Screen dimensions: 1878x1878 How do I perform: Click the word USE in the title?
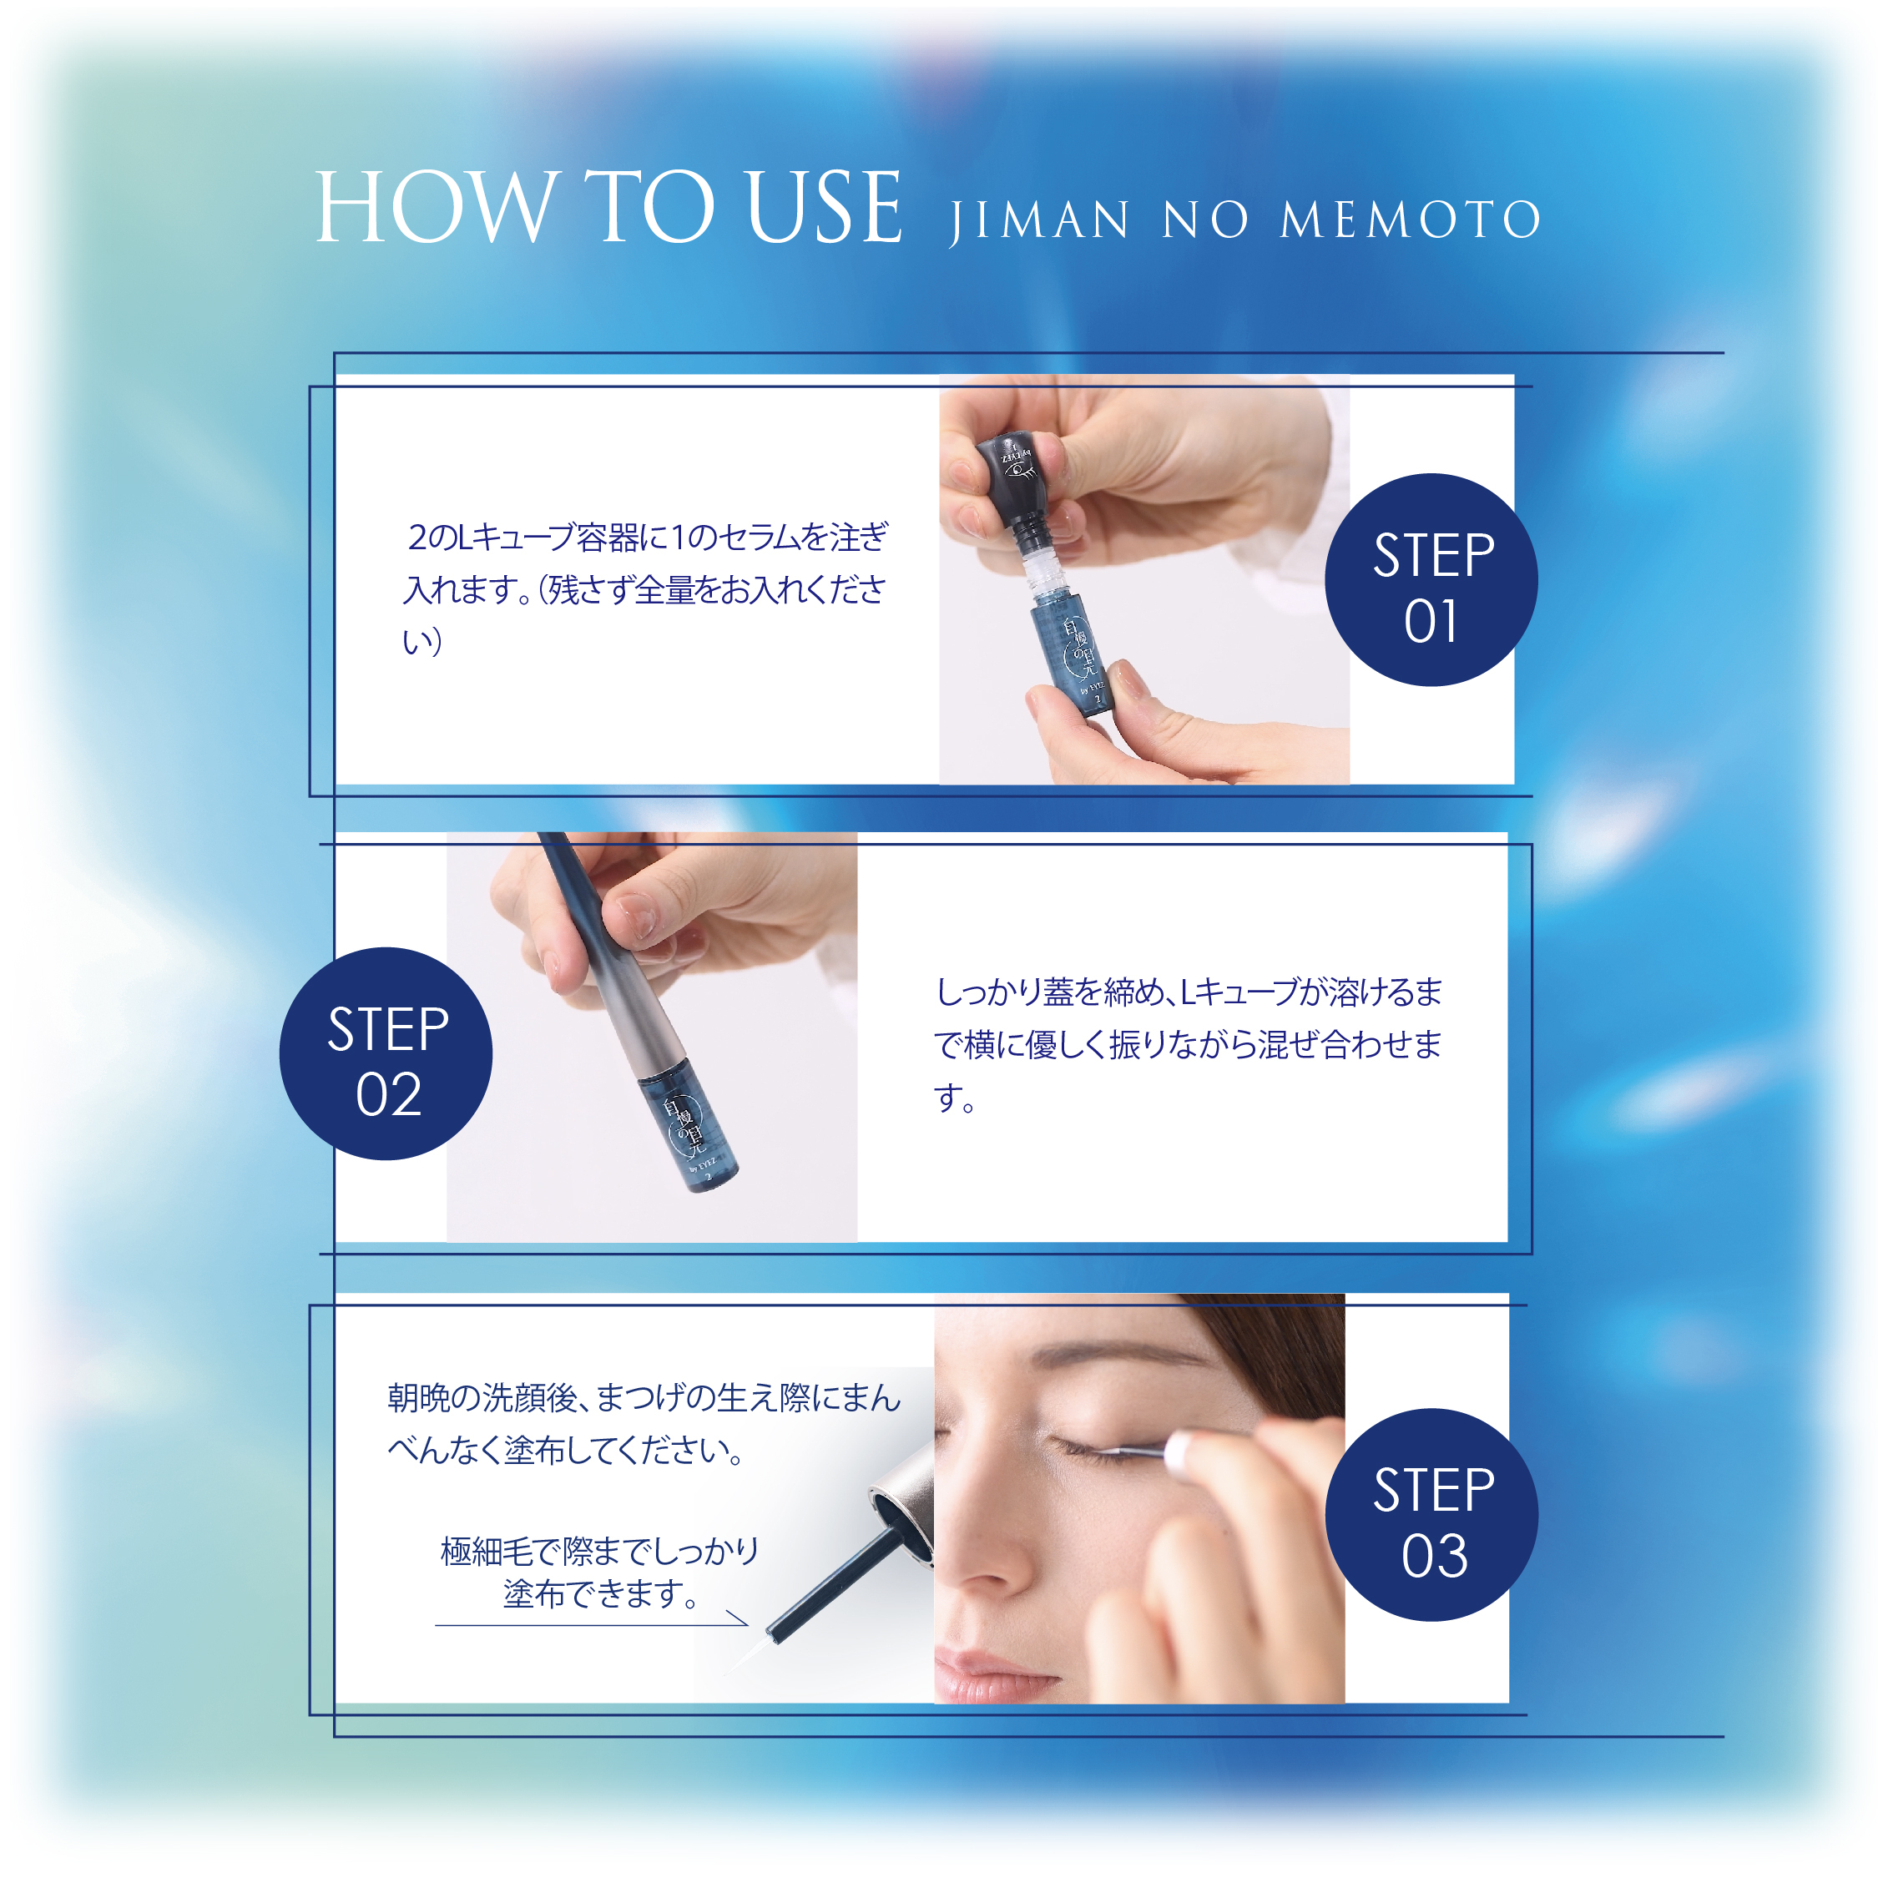[825, 207]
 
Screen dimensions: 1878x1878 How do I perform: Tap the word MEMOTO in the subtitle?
[1411, 220]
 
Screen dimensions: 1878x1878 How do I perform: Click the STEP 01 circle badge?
[1431, 580]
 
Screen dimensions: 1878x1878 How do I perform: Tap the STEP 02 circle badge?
[386, 1053]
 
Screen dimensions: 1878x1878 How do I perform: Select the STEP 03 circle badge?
[1431, 1514]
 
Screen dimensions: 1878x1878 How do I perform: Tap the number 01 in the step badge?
[1430, 622]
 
